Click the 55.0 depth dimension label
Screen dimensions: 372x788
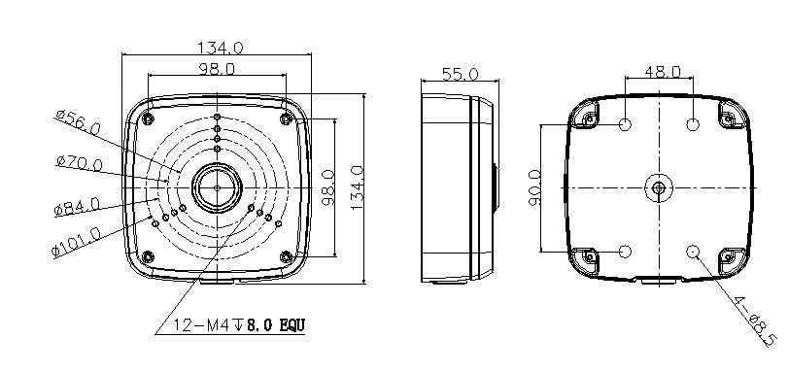pos(461,74)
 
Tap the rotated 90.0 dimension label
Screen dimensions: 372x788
pos(535,186)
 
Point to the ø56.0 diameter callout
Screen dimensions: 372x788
pos(79,123)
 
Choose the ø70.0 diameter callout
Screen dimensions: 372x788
pos(79,162)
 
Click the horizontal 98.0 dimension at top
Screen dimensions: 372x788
pos(216,69)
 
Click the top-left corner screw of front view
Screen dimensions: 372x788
pos(147,118)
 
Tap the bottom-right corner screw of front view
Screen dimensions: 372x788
pos(286,257)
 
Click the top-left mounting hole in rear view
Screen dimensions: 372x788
pos(626,125)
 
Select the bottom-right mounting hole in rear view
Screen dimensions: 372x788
pos(694,252)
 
